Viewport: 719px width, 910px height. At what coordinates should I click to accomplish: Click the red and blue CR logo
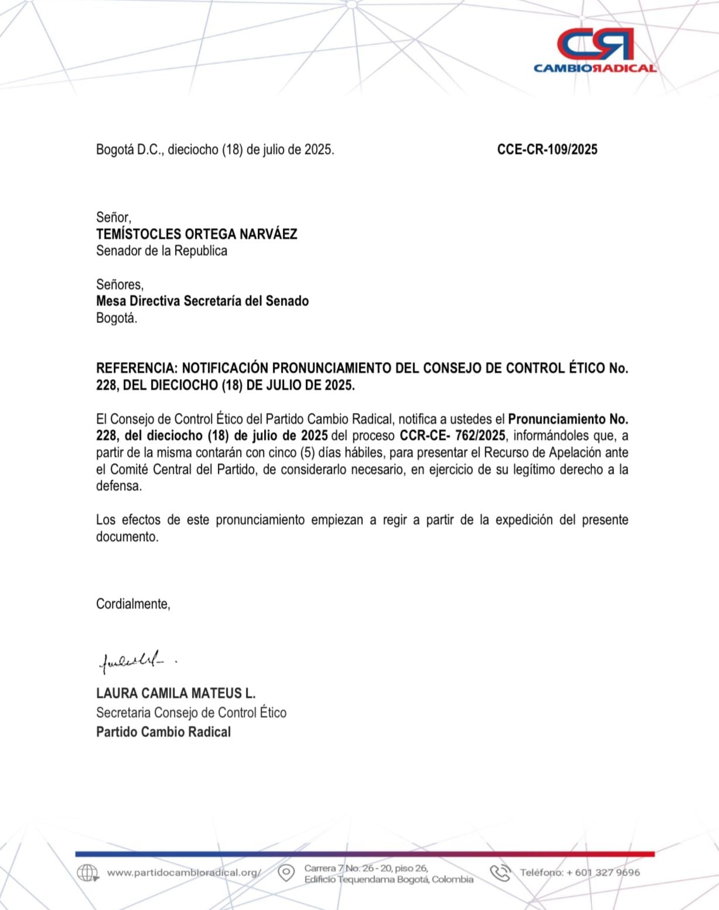[595, 44]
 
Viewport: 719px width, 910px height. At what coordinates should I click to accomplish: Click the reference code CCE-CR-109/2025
[547, 150]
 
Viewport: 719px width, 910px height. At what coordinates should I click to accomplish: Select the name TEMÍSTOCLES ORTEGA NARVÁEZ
[197, 234]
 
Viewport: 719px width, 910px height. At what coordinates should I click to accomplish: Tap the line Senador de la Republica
[162, 251]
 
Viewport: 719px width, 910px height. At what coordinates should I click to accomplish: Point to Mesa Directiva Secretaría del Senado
[202, 301]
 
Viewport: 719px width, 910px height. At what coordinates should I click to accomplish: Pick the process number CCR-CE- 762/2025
[452, 436]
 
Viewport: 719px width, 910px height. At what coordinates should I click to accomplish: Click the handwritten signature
[132, 661]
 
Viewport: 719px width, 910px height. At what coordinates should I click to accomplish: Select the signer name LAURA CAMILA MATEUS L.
[176, 694]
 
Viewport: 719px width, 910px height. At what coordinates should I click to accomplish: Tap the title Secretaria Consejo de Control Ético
[191, 713]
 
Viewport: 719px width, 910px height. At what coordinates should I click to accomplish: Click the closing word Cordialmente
[133, 604]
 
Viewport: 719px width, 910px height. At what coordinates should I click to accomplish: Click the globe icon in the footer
[87, 873]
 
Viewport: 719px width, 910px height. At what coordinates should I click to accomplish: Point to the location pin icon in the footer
[286, 873]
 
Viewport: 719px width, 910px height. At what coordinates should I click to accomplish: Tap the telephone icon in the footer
[501, 873]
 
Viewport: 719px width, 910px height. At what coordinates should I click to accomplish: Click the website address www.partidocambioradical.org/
[184, 873]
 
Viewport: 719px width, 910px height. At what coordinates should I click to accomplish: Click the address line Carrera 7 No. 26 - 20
[366, 868]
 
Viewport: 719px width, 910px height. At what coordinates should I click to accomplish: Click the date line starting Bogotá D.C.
[215, 150]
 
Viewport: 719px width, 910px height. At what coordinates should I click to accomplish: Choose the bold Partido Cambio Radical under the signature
[163, 732]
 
